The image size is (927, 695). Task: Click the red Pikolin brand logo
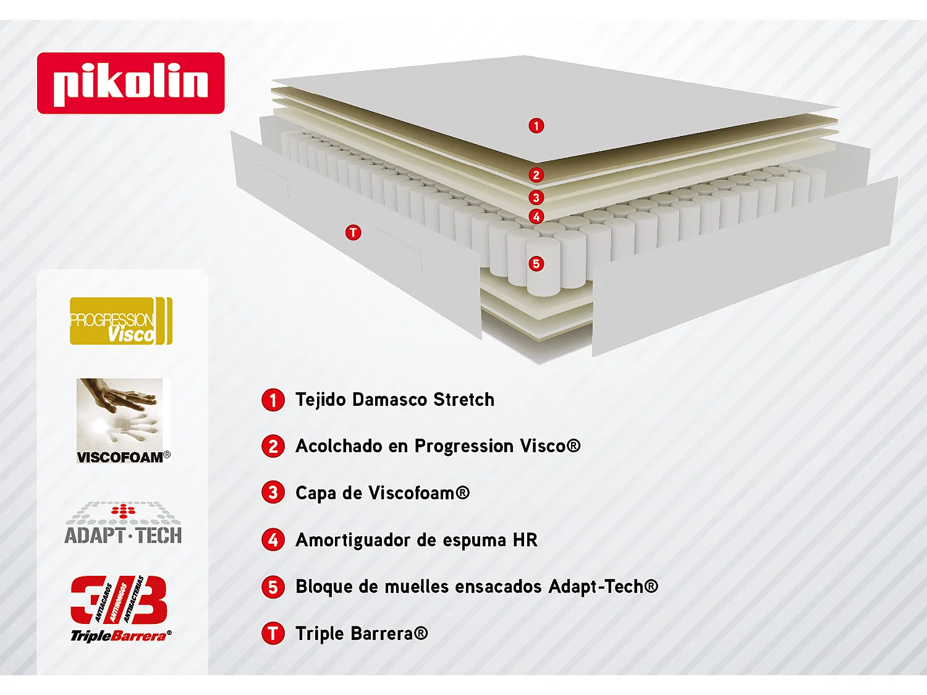(130, 83)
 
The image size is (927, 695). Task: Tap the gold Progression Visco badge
(121, 321)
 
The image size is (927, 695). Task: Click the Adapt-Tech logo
(123, 524)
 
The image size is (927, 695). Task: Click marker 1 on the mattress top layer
(536, 126)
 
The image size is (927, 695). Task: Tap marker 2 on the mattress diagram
(536, 175)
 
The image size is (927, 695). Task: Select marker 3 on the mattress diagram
(536, 198)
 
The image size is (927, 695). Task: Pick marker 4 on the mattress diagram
(536, 217)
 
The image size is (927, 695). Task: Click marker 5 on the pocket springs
(536, 264)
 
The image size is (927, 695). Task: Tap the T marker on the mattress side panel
(353, 232)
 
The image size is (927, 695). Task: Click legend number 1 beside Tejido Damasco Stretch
(273, 400)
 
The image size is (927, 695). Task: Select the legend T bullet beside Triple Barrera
(273, 633)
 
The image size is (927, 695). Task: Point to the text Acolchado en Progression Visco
(438, 446)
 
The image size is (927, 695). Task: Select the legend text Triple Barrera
(361, 633)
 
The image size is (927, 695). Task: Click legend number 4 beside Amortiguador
(273, 540)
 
